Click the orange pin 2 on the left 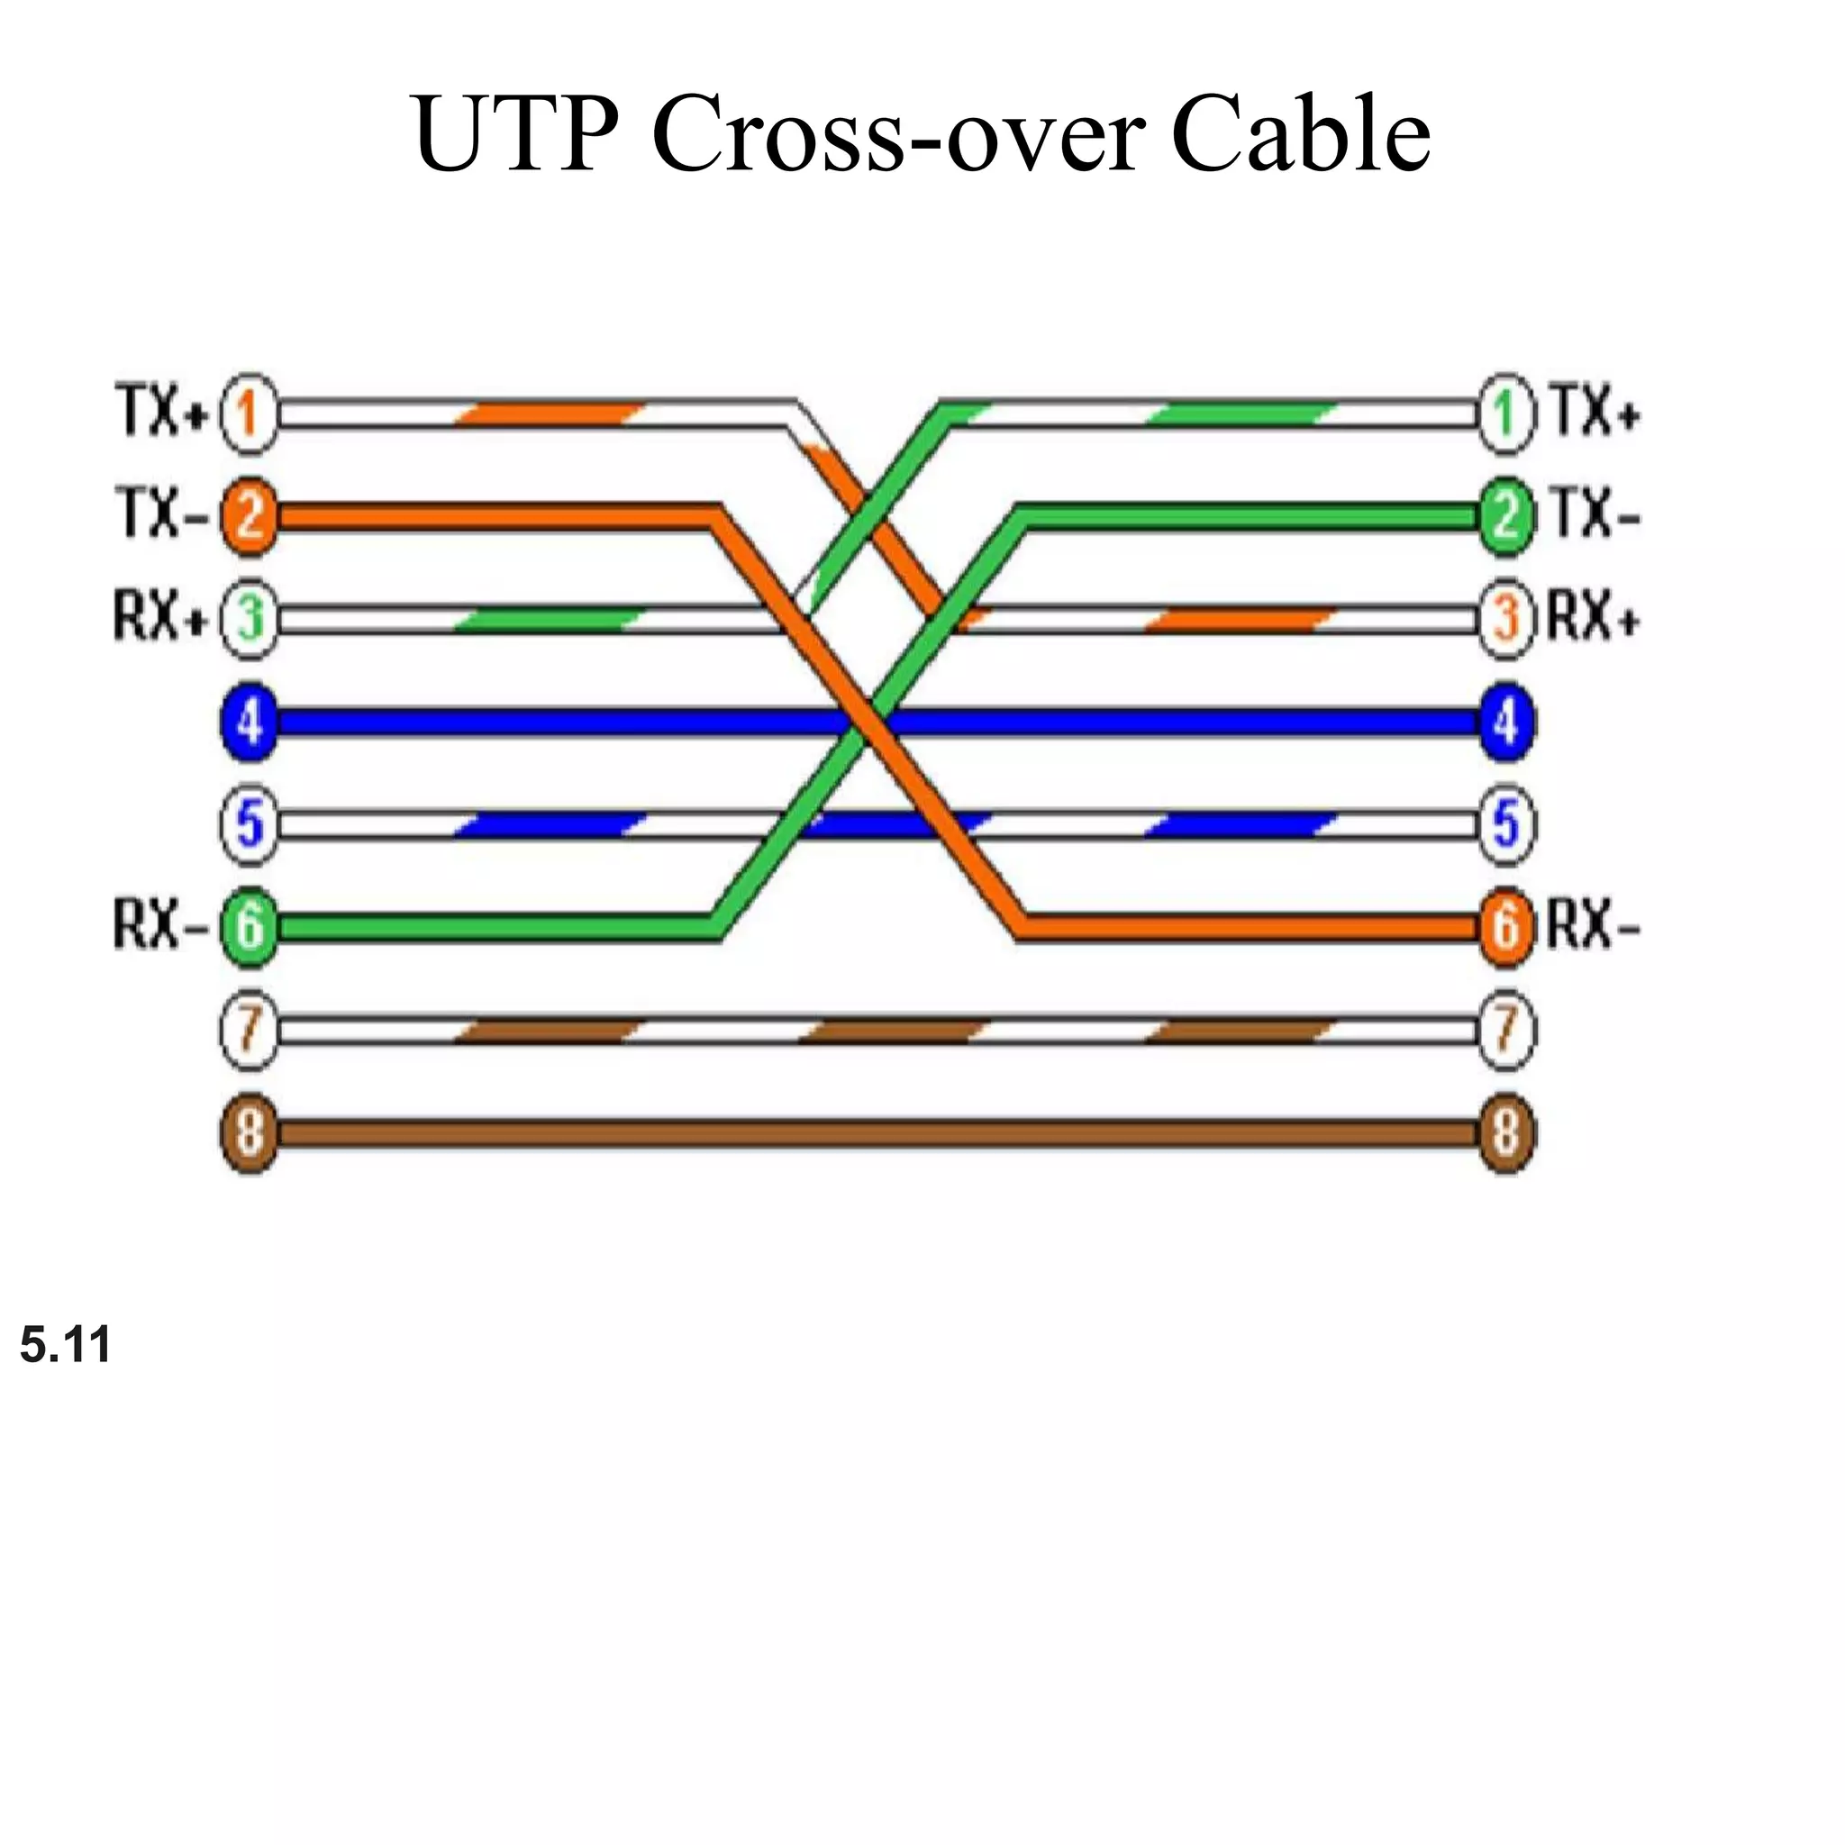click(x=249, y=516)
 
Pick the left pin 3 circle click(x=249, y=620)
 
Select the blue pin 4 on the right click(x=1505, y=722)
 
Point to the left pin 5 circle click(x=249, y=824)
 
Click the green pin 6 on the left click(x=249, y=926)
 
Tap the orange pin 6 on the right click(x=1505, y=926)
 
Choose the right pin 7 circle click(x=1505, y=1030)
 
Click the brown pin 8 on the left click(x=249, y=1133)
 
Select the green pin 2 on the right click(x=1505, y=516)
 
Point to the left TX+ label click(x=160, y=413)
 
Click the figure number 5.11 click(x=65, y=1345)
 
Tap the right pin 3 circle click(x=1505, y=620)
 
